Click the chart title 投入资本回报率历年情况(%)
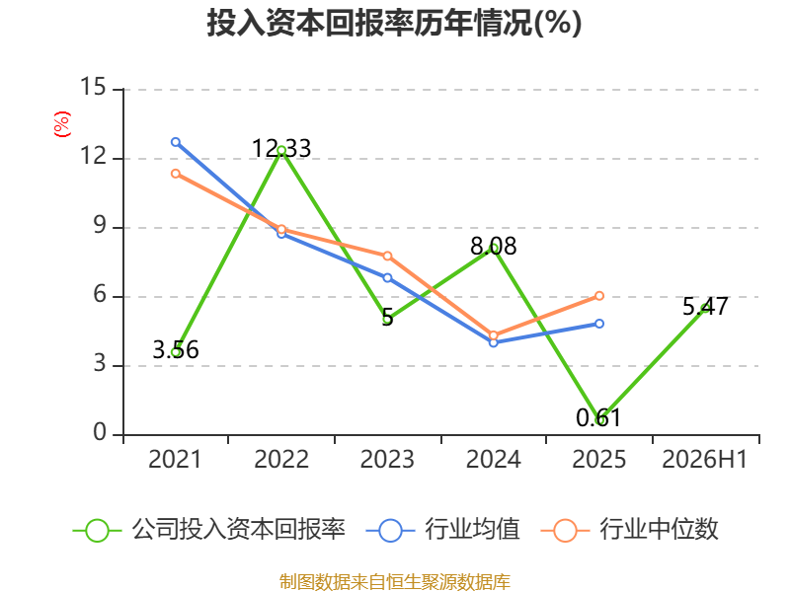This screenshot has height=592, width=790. (394, 23)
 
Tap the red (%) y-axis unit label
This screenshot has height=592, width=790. (61, 124)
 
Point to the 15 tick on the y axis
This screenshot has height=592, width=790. (93, 87)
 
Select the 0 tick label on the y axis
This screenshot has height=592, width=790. (100, 432)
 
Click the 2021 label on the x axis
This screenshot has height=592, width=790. (175, 459)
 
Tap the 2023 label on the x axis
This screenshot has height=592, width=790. (387, 459)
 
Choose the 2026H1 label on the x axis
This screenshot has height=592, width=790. (705, 459)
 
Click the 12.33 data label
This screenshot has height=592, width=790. (281, 149)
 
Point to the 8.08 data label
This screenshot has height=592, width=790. (493, 246)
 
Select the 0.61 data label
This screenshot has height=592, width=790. (598, 417)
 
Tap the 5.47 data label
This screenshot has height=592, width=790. (705, 306)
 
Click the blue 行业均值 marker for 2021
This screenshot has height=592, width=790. (176, 142)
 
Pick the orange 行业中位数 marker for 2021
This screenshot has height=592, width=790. (176, 174)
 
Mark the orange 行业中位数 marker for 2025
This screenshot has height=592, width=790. (599, 295)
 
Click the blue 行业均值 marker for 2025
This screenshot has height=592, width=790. (599, 324)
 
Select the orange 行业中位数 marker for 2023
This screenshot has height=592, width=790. (387, 257)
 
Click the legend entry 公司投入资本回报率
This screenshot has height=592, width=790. (209, 530)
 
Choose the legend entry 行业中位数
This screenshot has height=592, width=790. (629, 530)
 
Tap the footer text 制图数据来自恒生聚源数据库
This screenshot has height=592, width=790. (395, 582)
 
